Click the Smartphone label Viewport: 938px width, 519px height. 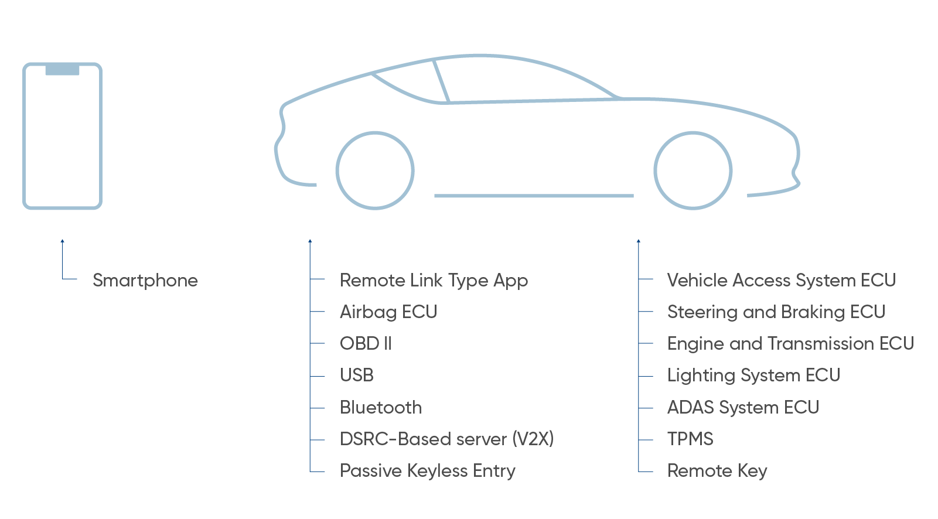click(x=145, y=281)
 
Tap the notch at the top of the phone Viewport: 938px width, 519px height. click(x=62, y=70)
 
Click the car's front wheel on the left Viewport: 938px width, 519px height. click(x=375, y=170)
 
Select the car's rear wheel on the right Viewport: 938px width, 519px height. click(x=693, y=170)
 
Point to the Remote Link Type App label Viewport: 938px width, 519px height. click(x=434, y=281)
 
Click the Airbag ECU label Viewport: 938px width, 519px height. click(x=388, y=312)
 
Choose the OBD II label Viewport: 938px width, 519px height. click(x=366, y=344)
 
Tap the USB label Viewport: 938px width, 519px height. click(x=356, y=375)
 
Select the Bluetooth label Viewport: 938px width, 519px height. click(x=381, y=408)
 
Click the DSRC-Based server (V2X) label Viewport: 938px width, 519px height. click(x=446, y=439)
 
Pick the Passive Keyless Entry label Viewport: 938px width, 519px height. click(x=428, y=471)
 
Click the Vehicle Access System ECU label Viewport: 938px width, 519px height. click(x=782, y=281)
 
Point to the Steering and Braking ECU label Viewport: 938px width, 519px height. click(x=776, y=312)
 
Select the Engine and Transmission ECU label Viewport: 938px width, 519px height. click(x=790, y=344)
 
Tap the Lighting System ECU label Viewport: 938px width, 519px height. click(x=753, y=375)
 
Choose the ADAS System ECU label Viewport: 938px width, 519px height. click(x=743, y=408)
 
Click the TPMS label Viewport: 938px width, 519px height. click(x=690, y=439)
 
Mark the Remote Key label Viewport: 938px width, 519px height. click(x=717, y=471)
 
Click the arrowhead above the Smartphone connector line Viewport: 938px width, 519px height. click(x=62, y=241)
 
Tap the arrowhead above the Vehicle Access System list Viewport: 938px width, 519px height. click(x=639, y=241)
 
